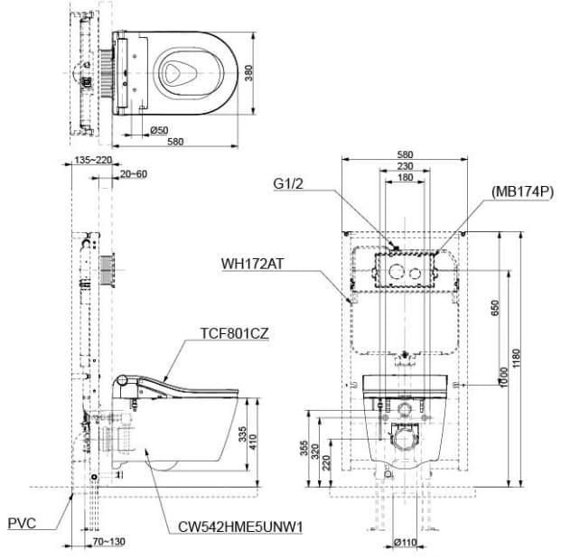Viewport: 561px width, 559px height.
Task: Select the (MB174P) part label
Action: point(522,191)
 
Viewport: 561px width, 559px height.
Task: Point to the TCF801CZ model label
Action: point(234,332)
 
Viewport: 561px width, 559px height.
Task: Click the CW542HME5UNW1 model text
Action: point(238,526)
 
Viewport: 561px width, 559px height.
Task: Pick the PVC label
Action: point(22,522)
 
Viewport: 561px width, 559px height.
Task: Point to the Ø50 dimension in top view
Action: point(158,131)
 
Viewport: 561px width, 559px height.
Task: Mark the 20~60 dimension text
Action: point(132,173)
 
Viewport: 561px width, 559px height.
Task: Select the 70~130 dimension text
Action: point(108,542)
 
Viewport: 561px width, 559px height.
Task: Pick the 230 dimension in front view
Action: point(404,166)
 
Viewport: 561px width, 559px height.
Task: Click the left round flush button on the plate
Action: point(394,272)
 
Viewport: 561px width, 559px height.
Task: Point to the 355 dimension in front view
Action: point(303,449)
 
